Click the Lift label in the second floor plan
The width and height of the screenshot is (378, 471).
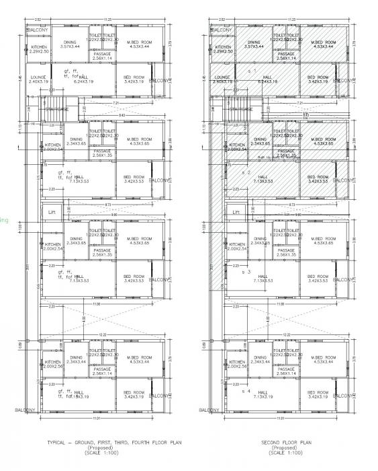pos(236,211)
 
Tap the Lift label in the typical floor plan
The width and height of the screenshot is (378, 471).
pos(48,211)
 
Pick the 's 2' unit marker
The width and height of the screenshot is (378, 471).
pos(246,172)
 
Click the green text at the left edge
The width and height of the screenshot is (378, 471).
pos(3,219)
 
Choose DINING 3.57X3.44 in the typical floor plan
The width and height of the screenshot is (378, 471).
pos(70,44)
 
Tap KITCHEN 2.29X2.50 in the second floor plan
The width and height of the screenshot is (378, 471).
pos(222,49)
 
